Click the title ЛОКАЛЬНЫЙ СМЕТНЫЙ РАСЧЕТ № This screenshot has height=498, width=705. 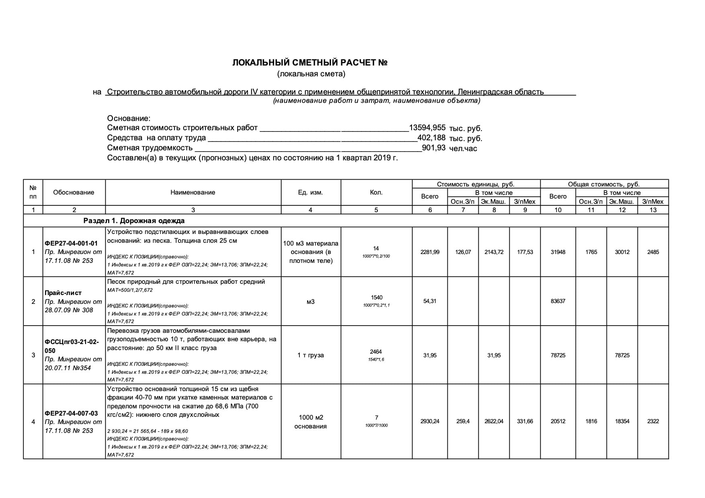click(x=309, y=63)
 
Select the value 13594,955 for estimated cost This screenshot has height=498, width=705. click(x=427, y=128)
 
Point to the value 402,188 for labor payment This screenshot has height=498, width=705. click(x=431, y=138)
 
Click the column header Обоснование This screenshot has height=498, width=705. click(x=74, y=193)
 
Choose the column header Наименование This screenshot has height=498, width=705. click(x=193, y=193)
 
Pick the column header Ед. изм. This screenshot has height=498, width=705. click(x=310, y=193)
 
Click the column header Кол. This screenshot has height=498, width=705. click(x=376, y=193)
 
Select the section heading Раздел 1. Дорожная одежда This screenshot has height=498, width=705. click(x=134, y=221)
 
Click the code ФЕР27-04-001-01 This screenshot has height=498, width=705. click(x=71, y=244)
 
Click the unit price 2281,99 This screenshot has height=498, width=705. click(x=430, y=252)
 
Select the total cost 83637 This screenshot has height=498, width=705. click(x=558, y=301)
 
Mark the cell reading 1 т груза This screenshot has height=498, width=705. click(x=310, y=355)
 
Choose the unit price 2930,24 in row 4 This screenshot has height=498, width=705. click(x=430, y=421)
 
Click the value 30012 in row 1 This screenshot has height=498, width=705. click(x=622, y=252)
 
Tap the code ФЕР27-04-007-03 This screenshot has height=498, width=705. click(x=71, y=413)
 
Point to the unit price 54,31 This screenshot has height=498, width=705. click(x=430, y=301)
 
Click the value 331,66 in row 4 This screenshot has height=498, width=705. click(x=525, y=421)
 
